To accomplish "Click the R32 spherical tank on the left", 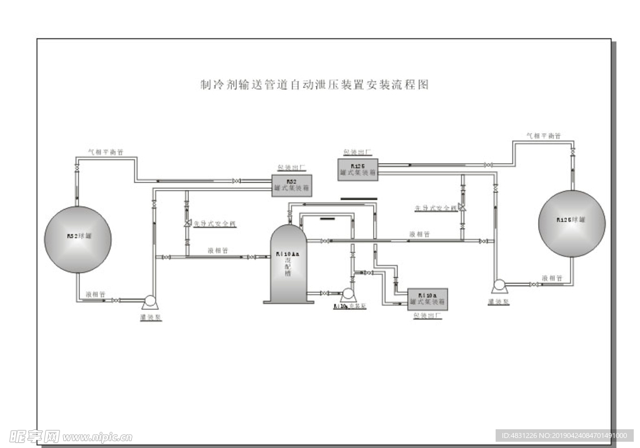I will (x=77, y=239).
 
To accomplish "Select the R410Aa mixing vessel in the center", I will (x=288, y=265).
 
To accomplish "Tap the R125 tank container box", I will (x=358, y=169).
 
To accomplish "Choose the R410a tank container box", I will (x=427, y=299).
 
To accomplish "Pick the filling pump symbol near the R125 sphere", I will (x=499, y=286).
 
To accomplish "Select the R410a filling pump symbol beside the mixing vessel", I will (x=347, y=293).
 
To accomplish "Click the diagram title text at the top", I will (x=314, y=86).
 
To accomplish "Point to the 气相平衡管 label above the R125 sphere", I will (x=543, y=136).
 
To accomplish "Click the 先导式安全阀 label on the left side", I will (x=214, y=224).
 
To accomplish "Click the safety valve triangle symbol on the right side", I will (x=461, y=207).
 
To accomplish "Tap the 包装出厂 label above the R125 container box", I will (x=357, y=152).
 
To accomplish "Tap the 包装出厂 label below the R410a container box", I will (x=427, y=316).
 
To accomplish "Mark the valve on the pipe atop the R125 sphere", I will (x=573, y=152).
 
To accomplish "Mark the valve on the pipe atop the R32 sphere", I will (x=76, y=169).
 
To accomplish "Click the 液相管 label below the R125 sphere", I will (x=552, y=277).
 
